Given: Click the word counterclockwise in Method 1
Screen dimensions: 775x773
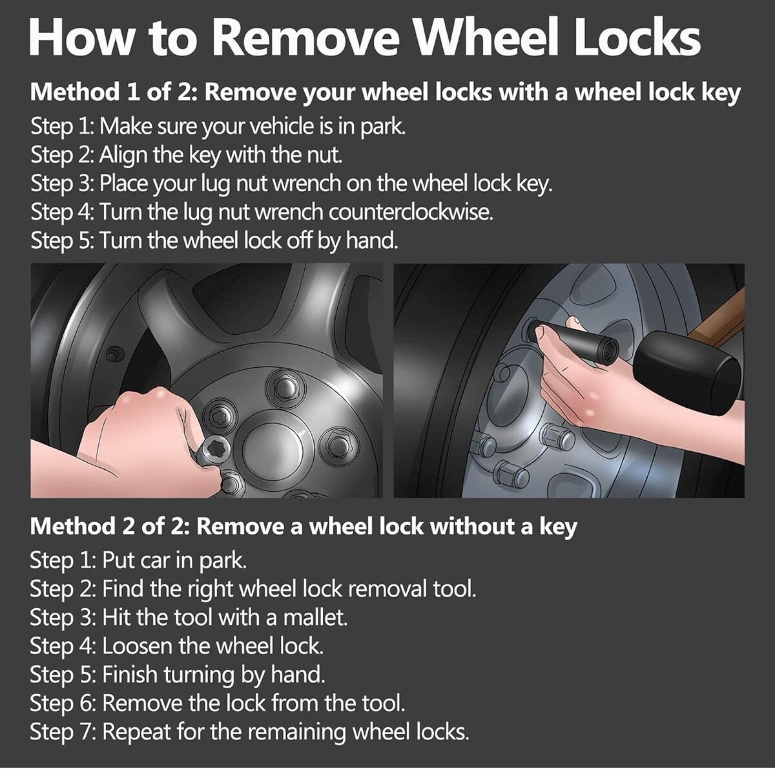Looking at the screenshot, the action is [411, 212].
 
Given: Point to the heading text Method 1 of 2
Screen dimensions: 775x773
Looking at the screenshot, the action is [113, 92].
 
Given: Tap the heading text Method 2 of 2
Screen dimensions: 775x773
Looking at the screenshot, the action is [109, 526].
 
